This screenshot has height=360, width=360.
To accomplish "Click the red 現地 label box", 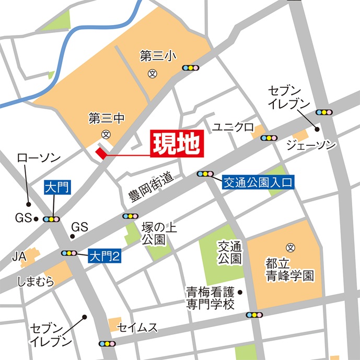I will pos(177,145).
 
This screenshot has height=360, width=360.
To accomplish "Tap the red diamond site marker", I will pos(100,153).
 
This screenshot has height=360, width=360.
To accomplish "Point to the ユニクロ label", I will pos(233,127).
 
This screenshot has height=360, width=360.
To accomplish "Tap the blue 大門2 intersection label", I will pos(104,256).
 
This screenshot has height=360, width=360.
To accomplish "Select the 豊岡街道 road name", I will pos(150,189).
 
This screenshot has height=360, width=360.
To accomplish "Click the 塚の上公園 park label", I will pos(154,234).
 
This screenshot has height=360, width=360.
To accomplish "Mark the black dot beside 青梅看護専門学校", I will pos(240,292).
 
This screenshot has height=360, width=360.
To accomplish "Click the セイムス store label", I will pos(137,328).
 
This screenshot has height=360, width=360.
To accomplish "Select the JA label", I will pos(19,257).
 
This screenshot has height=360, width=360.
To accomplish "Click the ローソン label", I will pos(39,157).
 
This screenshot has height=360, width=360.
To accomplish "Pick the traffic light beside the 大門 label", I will pos(52,219).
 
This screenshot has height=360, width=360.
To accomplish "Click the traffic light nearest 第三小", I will pos(191,68).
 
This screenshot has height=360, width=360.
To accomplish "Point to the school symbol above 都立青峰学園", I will pos(291,247).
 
